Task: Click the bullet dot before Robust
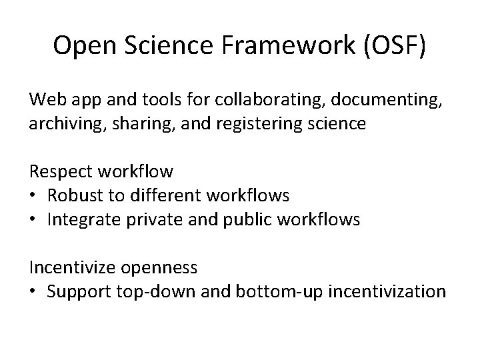pyautogui.click(x=33, y=196)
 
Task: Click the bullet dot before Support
pyautogui.click(x=33, y=292)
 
